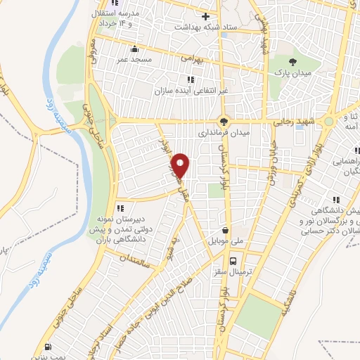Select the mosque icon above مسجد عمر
pos(134,50)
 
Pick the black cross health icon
pos(205,15)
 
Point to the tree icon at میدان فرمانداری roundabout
pos(224,120)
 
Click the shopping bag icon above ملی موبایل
pos(224,229)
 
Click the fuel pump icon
pos(47,346)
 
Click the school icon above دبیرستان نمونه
pos(120,207)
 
